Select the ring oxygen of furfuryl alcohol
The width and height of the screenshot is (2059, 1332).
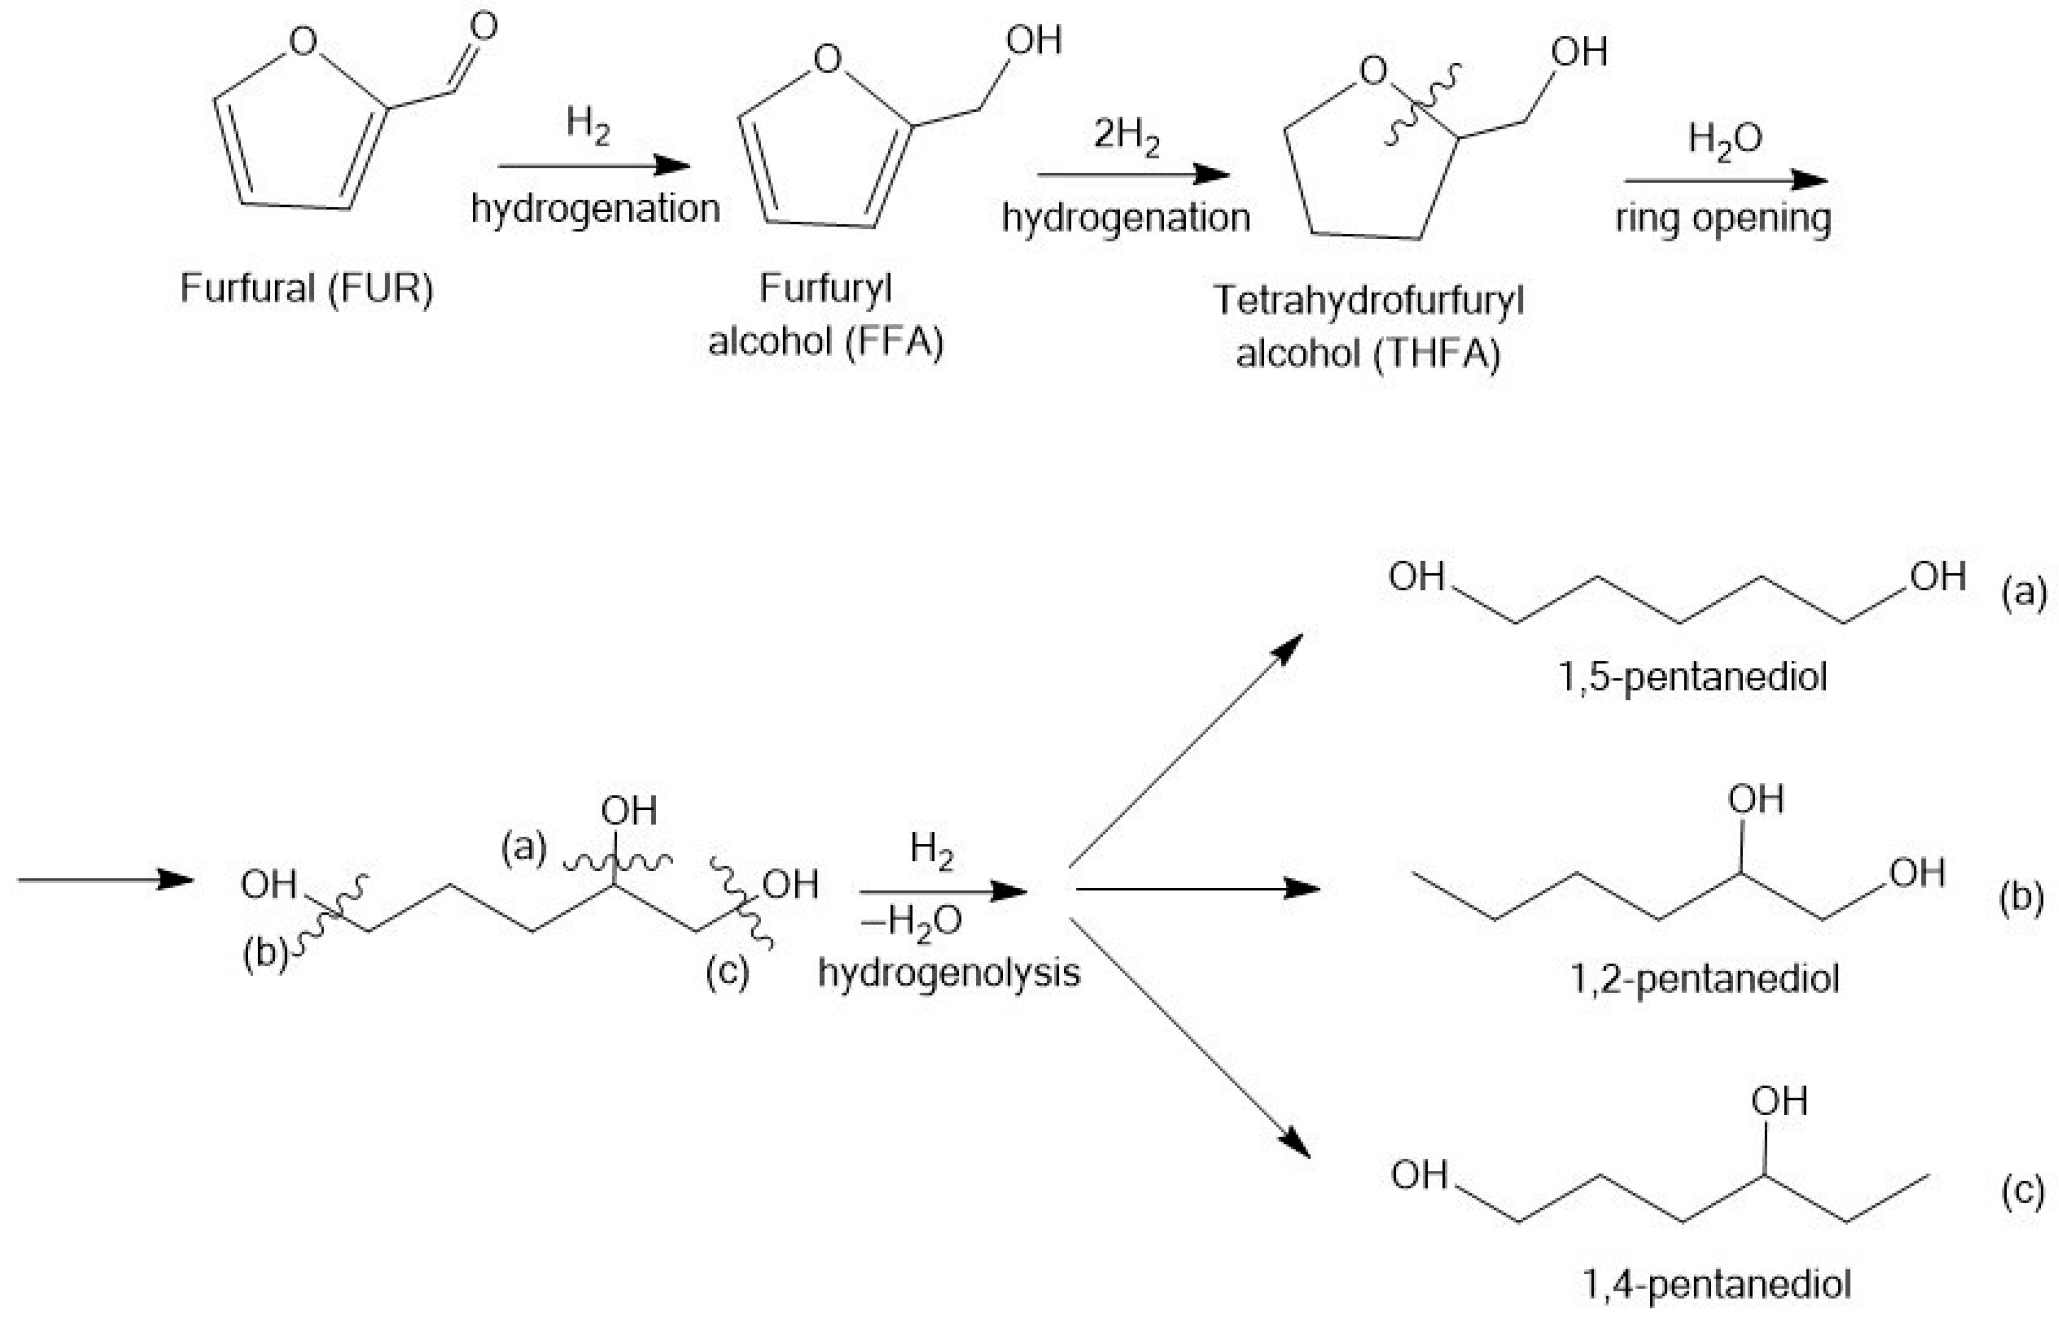click(828, 59)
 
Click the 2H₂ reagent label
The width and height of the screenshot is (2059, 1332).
click(1127, 136)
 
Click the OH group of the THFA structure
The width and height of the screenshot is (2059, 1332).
click(1579, 52)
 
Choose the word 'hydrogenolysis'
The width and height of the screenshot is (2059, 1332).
click(949, 973)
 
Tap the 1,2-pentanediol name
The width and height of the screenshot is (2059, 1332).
click(1705, 979)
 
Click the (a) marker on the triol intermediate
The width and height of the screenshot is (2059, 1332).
click(525, 848)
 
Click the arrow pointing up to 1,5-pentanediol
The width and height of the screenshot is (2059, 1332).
click(1185, 751)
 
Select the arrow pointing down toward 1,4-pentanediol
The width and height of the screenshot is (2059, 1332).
click(1190, 1038)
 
